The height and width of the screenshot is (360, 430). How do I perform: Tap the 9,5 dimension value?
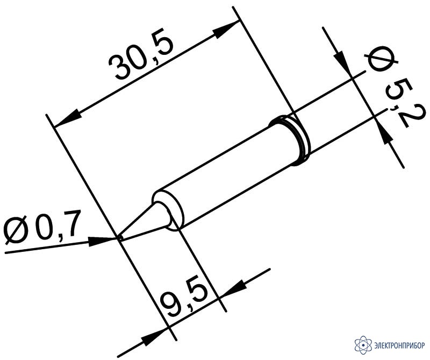pos(184,300)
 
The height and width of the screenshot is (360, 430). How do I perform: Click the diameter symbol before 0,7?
pos(17,231)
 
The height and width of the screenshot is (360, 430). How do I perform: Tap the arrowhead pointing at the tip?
pos(101,241)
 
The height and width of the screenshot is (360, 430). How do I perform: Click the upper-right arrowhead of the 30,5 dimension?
pos(225,29)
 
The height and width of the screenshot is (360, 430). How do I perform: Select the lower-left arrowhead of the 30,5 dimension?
pos(68,118)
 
